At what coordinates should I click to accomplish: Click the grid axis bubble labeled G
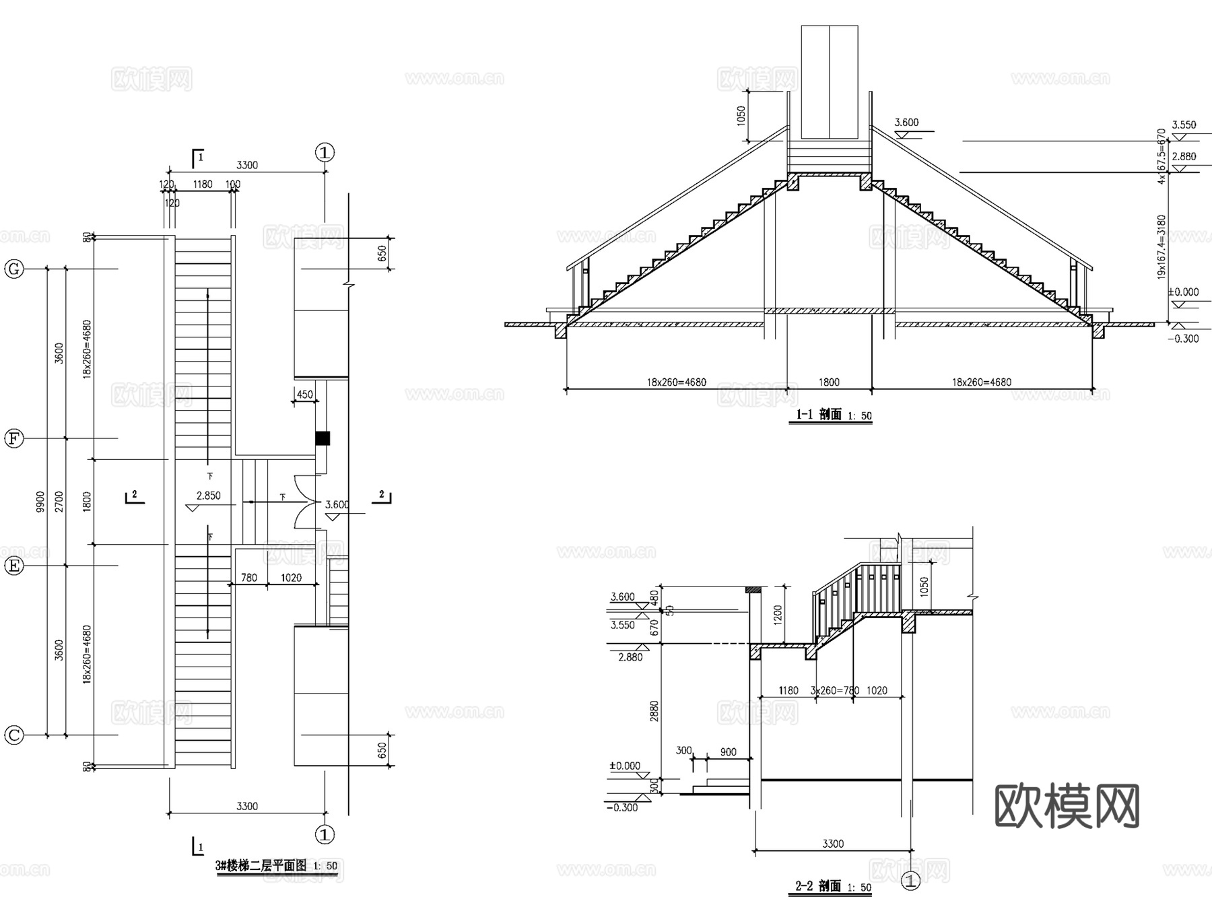[x=14, y=269]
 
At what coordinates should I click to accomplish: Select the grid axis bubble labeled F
[x=14, y=439]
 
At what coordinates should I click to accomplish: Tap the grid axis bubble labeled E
[x=14, y=566]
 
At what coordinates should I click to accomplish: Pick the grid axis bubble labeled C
[x=14, y=735]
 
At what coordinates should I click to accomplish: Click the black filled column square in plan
[x=323, y=438]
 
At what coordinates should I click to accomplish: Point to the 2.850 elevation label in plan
[x=208, y=496]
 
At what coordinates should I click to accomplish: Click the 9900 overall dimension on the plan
[x=40, y=502]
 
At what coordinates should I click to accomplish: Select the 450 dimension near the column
[x=304, y=395]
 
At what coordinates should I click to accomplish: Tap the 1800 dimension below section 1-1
[x=829, y=382]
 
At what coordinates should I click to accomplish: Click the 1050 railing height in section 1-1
[x=742, y=116]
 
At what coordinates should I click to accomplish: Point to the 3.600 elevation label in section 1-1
[x=906, y=123]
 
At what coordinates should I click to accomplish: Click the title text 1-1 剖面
[x=819, y=415]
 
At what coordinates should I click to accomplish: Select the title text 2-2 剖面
[x=819, y=886]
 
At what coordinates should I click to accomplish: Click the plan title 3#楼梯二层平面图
[x=261, y=865]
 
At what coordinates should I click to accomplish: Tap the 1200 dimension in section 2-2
[x=778, y=613]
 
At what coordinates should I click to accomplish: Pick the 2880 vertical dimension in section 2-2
[x=654, y=711]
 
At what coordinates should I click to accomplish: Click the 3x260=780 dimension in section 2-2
[x=834, y=690]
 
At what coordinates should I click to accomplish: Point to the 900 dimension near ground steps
[x=728, y=752]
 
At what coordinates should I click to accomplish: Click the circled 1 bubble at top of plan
[x=325, y=153]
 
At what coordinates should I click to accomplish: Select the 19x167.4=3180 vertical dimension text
[x=1161, y=247]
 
